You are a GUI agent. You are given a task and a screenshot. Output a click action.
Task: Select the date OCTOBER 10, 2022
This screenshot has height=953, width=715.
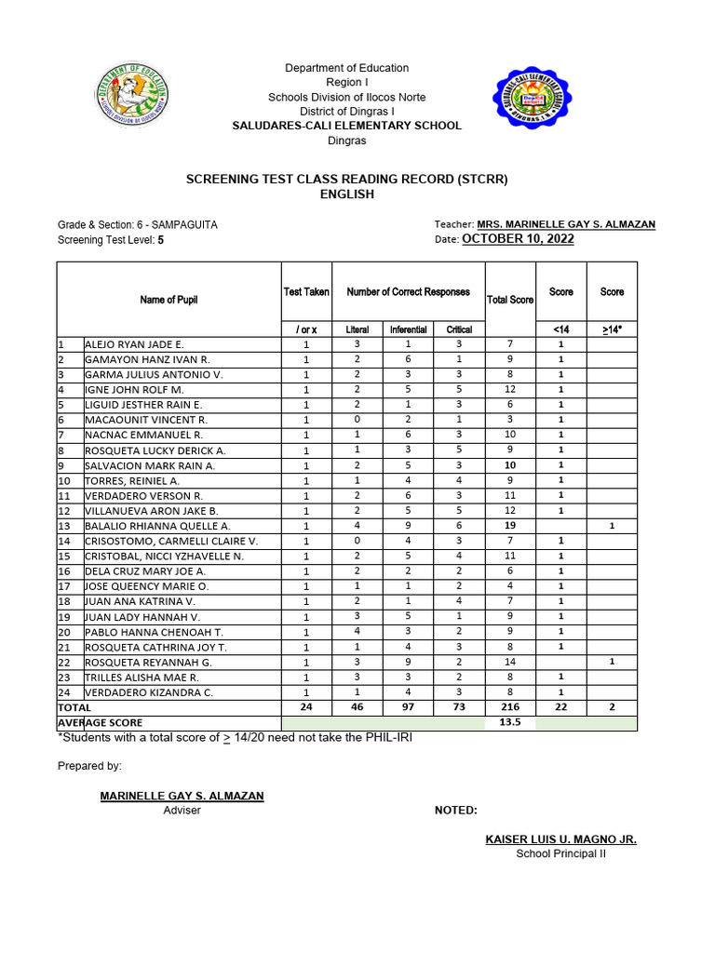(518, 239)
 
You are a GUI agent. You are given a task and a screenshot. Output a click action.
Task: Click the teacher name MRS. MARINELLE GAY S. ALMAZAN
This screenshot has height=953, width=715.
(566, 224)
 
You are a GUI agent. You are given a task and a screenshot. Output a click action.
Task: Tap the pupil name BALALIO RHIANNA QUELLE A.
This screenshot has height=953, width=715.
(157, 526)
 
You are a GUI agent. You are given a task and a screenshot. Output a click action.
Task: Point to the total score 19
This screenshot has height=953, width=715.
(510, 526)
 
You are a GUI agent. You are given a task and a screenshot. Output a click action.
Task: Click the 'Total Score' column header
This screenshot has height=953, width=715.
(510, 300)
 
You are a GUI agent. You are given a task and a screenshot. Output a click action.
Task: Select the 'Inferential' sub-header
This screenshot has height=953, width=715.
(408, 329)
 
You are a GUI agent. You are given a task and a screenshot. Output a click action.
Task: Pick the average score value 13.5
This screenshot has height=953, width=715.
(510, 722)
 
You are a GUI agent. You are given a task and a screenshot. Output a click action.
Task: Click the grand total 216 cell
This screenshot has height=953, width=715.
(510, 707)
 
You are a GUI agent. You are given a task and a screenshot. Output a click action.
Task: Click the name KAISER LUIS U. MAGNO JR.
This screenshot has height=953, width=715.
(560, 839)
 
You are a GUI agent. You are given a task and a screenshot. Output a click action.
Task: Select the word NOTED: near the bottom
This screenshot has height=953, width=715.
(456, 811)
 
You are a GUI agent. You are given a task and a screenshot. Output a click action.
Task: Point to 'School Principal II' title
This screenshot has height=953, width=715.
(560, 854)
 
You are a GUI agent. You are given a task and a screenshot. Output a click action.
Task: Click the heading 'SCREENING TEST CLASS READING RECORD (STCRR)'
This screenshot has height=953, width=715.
(346, 180)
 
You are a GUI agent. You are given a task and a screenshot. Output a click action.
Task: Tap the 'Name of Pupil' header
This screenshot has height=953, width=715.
(169, 300)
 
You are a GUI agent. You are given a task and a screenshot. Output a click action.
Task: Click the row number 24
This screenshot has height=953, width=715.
(64, 692)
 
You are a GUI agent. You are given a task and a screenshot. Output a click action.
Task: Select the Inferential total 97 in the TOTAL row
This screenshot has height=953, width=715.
(408, 707)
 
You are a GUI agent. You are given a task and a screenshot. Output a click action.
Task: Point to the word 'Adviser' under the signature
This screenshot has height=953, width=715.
(182, 811)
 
